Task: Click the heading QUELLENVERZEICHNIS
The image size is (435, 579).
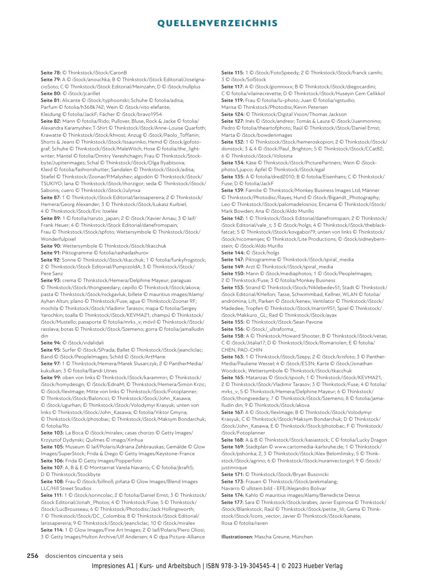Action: [x=217, y=23]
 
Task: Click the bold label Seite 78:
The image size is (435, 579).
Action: [x=51, y=73]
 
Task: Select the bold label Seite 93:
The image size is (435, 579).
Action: [x=51, y=280]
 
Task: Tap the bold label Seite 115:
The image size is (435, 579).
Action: [x=233, y=73]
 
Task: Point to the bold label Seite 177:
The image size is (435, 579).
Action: [x=233, y=502]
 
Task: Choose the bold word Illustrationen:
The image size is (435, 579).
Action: [x=237, y=537]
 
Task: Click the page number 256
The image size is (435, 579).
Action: [x=33, y=556]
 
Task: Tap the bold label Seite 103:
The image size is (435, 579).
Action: [x=52, y=433]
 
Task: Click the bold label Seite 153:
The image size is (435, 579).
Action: [x=233, y=287]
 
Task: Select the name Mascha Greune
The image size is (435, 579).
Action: [x=272, y=537]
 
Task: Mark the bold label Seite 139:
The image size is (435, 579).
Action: [x=233, y=190]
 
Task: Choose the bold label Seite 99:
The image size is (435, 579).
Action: [x=51, y=377]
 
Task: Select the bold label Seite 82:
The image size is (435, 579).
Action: [x=51, y=121]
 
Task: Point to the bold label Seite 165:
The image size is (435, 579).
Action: [x=233, y=377]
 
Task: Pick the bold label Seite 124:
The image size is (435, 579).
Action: [x=233, y=114]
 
